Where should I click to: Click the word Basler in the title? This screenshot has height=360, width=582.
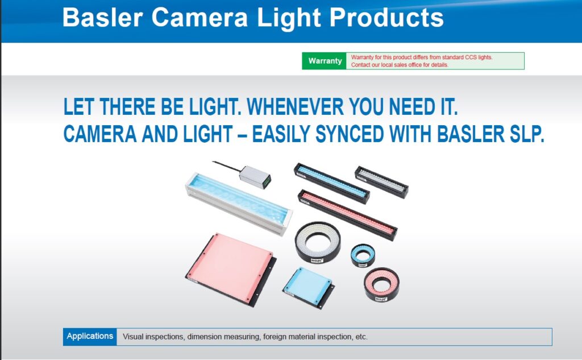pos(103,18)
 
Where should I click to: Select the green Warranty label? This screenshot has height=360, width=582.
pos(325,61)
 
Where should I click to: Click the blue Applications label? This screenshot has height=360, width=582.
pos(90,336)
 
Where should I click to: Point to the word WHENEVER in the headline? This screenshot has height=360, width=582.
pos(295,107)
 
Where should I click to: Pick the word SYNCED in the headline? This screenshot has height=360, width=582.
pos(350,134)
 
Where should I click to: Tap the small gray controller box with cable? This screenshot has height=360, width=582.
pos(255,177)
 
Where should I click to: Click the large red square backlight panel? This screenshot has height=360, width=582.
pos(231,268)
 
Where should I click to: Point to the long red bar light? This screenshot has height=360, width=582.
pos(347,214)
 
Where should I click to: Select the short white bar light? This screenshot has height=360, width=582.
pos(381,181)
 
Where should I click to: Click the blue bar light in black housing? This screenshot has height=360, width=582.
pos(332,183)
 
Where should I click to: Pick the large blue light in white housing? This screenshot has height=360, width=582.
pos(239,203)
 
